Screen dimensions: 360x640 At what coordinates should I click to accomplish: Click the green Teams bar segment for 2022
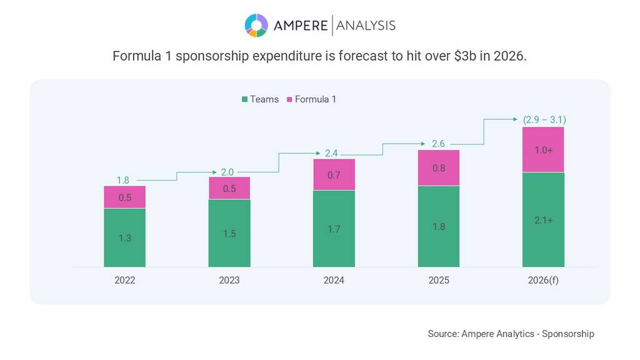tap(124, 237)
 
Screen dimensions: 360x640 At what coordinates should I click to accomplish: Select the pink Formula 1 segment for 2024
tap(334, 175)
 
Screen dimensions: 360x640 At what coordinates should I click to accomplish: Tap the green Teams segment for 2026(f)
tap(543, 219)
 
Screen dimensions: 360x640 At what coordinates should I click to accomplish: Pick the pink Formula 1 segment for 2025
tap(439, 167)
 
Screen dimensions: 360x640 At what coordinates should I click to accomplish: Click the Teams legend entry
tap(260, 99)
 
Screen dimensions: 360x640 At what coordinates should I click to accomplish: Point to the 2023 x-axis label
tap(229, 281)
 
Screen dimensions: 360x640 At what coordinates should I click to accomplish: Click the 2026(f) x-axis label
tap(543, 281)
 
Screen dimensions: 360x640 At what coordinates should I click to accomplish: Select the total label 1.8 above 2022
tap(124, 180)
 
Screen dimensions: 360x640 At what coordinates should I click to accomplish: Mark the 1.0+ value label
tap(543, 150)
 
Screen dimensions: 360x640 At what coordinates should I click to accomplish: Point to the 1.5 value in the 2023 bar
tap(229, 233)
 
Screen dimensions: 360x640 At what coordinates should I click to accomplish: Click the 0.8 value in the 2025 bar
tap(439, 167)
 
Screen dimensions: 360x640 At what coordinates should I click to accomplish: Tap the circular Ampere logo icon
tap(256, 25)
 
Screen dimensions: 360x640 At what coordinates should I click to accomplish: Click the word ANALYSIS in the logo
tap(366, 26)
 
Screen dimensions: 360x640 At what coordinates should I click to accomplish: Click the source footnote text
tap(511, 334)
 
